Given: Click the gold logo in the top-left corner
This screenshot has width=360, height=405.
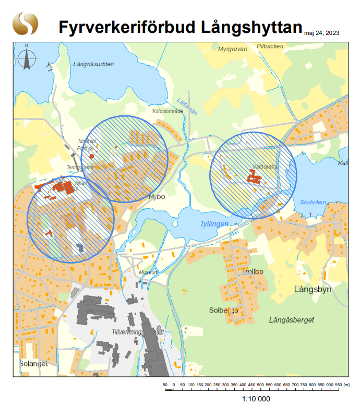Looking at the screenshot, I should click(x=26, y=24).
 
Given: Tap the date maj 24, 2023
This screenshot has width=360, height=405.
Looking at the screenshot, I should click(x=321, y=33).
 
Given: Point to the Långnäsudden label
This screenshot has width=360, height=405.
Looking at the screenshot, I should click(x=94, y=64).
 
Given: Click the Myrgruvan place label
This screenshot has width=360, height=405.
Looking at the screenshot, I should click(x=232, y=49).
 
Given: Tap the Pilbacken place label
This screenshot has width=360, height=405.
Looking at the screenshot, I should click(x=270, y=46).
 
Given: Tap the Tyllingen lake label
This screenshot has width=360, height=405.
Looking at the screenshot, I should click(x=214, y=224).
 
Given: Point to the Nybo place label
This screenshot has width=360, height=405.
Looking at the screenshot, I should click(x=157, y=197).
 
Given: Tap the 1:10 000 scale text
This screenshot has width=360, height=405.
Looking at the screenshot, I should click(x=256, y=398).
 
